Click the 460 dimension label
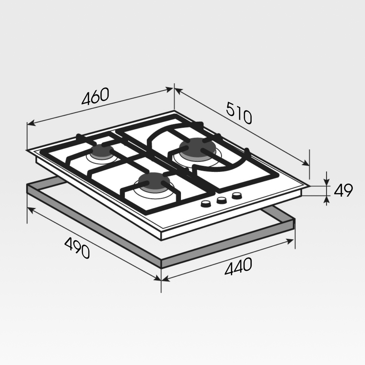[95, 96]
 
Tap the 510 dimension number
[239, 113]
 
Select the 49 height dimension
[343, 190]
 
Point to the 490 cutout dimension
[77, 248]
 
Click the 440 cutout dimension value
[238, 266]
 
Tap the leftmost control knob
[206, 204]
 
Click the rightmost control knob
[237, 196]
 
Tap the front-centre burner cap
[154, 180]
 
